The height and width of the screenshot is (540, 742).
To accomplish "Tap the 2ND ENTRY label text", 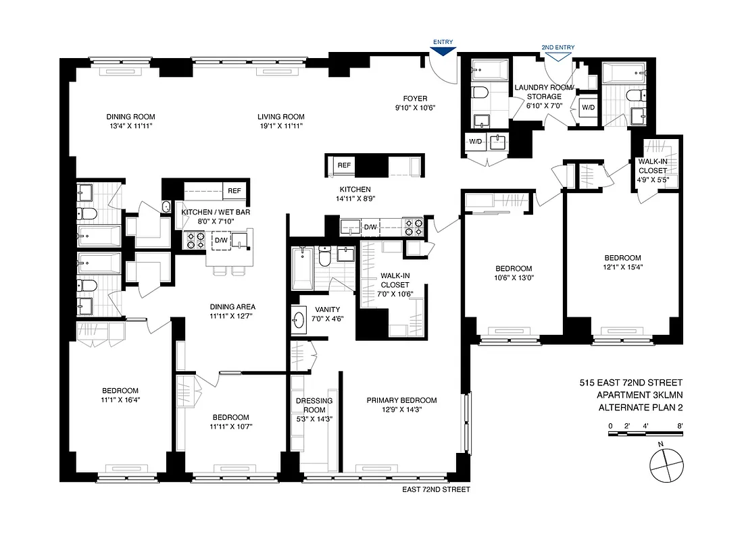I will pos(558,47).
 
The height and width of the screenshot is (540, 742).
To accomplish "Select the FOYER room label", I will pos(416,98).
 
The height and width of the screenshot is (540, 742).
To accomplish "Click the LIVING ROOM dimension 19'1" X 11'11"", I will pos(280,126).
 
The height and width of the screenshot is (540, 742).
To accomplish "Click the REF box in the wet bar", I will pos(234,191).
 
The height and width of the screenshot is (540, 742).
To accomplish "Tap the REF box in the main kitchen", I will pos(344,165).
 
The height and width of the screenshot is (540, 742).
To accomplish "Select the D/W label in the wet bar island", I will pos(221,240).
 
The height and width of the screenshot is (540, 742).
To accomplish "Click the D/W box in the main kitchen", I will pos(370,227).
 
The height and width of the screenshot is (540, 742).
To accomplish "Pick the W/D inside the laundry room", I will pos(588,107).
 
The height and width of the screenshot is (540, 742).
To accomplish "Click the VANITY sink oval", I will pos(300,319).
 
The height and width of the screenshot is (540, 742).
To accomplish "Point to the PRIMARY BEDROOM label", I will pos(401,400).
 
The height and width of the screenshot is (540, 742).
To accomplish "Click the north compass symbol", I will pos(665,464).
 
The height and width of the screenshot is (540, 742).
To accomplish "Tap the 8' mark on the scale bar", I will pos(680,425).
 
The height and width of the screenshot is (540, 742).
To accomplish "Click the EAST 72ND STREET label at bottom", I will pos(435,490).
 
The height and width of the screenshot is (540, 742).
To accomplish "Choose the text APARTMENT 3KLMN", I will pos(639,395).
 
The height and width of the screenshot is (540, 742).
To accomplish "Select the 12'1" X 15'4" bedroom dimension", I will pos(622,267).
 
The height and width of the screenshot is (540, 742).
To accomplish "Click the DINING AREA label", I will pos(232,306).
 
